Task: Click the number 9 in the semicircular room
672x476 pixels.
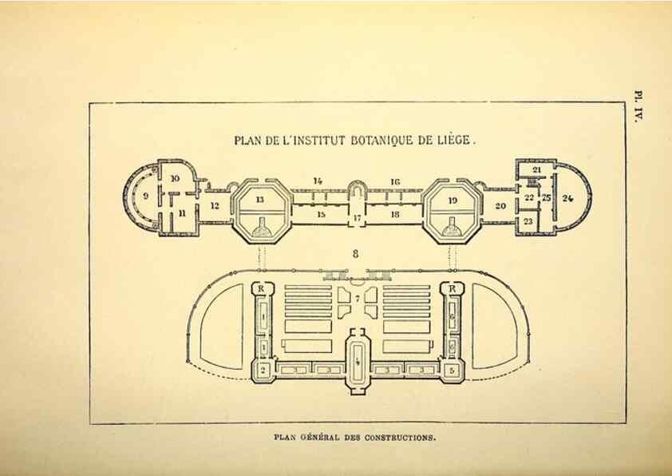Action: pos(146,196)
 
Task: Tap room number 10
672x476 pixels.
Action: pos(175,178)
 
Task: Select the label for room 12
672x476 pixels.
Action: pos(215,206)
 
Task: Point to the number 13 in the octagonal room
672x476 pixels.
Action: pos(259,200)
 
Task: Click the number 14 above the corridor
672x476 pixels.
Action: pos(317,181)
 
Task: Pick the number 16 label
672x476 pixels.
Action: pos(395,182)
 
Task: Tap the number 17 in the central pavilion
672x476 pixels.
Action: pos(357,218)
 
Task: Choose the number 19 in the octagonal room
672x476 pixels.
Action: pos(453,200)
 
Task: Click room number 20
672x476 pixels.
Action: pos(500,206)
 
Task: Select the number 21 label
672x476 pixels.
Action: pos(536,170)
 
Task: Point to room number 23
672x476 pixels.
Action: pos(528,221)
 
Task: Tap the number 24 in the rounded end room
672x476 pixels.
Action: pos(567,198)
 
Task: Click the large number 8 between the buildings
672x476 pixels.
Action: pos(355,254)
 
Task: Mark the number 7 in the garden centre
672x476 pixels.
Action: pos(358,299)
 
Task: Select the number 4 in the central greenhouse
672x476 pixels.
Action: pos(358,362)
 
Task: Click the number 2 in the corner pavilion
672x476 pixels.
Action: pos(263,371)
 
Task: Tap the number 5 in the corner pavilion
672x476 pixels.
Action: pos(453,370)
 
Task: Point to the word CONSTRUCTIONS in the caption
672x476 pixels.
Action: pos(400,438)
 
